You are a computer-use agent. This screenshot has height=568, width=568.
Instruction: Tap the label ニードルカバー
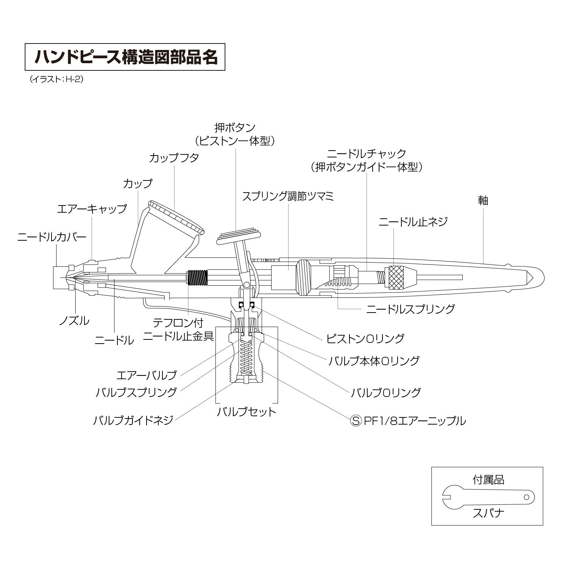(x=52, y=237)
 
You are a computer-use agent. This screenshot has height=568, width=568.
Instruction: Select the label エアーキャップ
(x=92, y=209)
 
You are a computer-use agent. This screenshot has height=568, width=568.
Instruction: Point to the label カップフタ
(x=174, y=158)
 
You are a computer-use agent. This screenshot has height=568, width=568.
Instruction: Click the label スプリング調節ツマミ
(x=288, y=196)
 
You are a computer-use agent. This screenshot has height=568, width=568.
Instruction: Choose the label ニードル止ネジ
(x=413, y=221)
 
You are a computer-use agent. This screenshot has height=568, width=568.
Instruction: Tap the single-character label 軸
(x=483, y=200)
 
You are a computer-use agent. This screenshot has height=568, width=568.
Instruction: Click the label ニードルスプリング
(x=410, y=309)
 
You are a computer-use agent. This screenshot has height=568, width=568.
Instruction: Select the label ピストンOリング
(x=365, y=338)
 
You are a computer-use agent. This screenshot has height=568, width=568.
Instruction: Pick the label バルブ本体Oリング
(x=374, y=361)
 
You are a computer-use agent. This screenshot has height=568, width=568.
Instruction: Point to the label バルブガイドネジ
(x=133, y=420)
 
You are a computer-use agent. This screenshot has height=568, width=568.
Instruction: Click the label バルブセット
(x=247, y=411)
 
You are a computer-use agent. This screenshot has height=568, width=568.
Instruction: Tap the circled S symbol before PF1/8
(x=356, y=420)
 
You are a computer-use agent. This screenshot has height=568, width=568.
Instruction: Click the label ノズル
(x=74, y=321)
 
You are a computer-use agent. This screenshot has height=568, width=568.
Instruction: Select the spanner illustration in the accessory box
(x=488, y=496)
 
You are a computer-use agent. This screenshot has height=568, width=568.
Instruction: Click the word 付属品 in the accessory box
(x=488, y=480)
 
